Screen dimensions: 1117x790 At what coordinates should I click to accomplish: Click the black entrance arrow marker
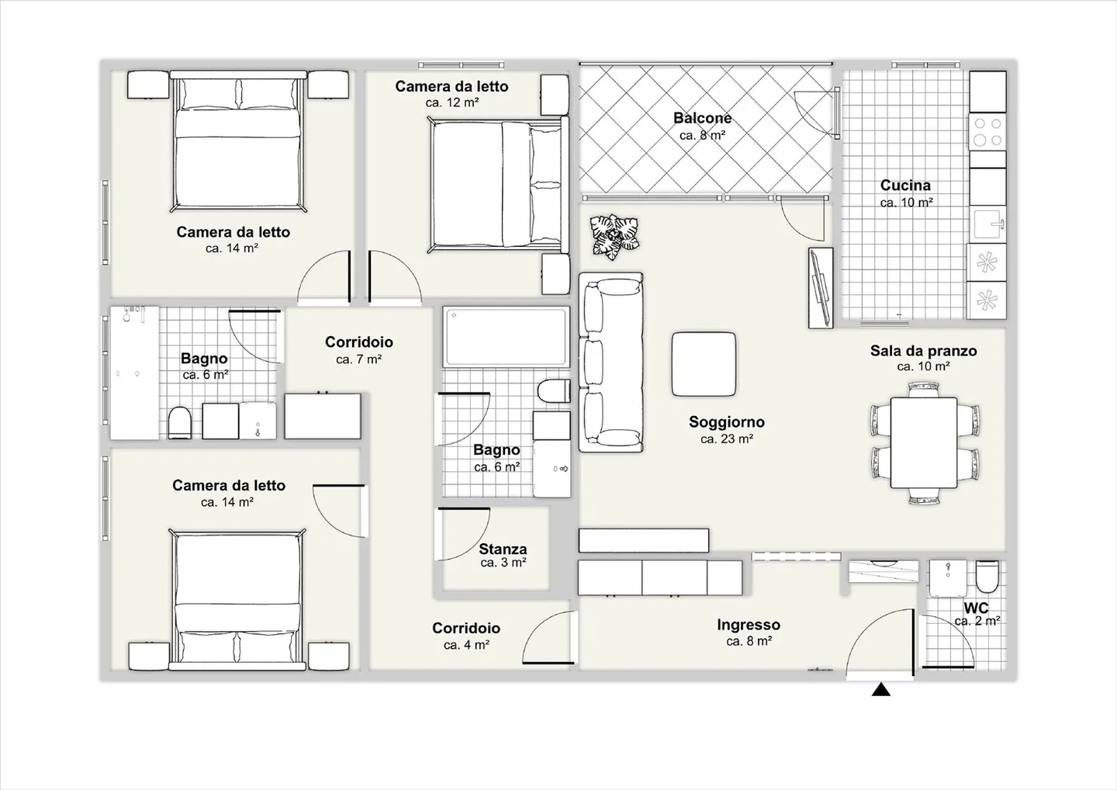pyautogui.click(x=881, y=690)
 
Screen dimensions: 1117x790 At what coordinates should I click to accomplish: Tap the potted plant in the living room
pyautogui.click(x=614, y=237)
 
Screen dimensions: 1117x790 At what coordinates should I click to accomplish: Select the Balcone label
pyautogui.click(x=702, y=118)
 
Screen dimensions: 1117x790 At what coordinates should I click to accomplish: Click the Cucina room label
pyautogui.click(x=905, y=185)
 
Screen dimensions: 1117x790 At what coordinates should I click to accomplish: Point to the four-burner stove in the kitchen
pyautogui.click(x=987, y=132)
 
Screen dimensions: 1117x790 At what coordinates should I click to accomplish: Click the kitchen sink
pyautogui.click(x=988, y=224)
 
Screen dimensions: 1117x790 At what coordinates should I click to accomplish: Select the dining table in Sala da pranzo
pyautogui.click(x=924, y=443)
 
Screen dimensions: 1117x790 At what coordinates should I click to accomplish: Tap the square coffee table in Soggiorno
pyautogui.click(x=704, y=364)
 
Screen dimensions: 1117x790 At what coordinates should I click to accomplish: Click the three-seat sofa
pyautogui.click(x=611, y=362)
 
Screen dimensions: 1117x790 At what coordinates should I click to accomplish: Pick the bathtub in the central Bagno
pyautogui.click(x=507, y=337)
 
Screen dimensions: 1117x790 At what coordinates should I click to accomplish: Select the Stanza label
pyautogui.click(x=503, y=549)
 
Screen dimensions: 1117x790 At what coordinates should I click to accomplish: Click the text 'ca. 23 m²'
pyautogui.click(x=727, y=439)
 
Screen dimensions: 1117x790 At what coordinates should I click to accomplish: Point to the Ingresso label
pyautogui.click(x=749, y=625)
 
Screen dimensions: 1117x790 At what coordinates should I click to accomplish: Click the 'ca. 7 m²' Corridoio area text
pyautogui.click(x=358, y=359)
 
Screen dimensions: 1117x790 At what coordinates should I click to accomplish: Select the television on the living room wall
pyautogui.click(x=821, y=288)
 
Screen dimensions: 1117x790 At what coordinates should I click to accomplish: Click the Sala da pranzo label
pyautogui.click(x=924, y=351)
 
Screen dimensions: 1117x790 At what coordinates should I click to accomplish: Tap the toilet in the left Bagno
pyautogui.click(x=180, y=423)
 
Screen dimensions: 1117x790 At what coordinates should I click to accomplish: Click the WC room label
pyautogui.click(x=976, y=608)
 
